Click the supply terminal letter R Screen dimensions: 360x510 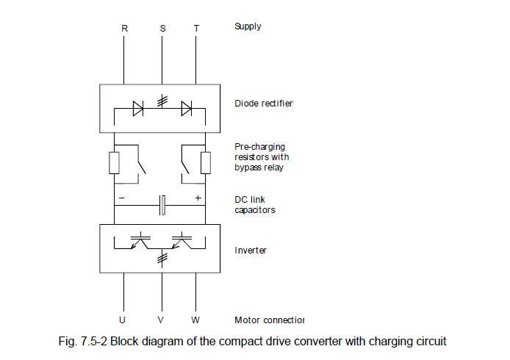pyautogui.click(x=124, y=28)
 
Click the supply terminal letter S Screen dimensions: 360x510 pyautogui.click(x=162, y=28)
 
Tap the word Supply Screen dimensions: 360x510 pyautogui.click(x=248, y=26)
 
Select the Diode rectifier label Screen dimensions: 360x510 pyautogui.click(x=263, y=103)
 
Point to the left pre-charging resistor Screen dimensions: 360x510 pyautogui.click(x=115, y=162)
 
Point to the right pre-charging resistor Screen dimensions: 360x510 pyautogui.click(x=206, y=162)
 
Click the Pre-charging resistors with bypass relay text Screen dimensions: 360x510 pyautogui.click(x=262, y=156)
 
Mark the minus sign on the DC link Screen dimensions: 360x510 pyautogui.click(x=122, y=198)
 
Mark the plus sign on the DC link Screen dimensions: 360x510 pyautogui.click(x=198, y=198)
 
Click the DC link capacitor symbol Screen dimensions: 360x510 pyautogui.click(x=162, y=205)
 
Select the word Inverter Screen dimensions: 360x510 pyautogui.click(x=251, y=250)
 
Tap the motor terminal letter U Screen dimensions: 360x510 pyautogui.click(x=122, y=320)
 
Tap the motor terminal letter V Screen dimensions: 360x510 pyautogui.click(x=160, y=320)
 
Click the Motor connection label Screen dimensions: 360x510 pyautogui.click(x=268, y=320)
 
